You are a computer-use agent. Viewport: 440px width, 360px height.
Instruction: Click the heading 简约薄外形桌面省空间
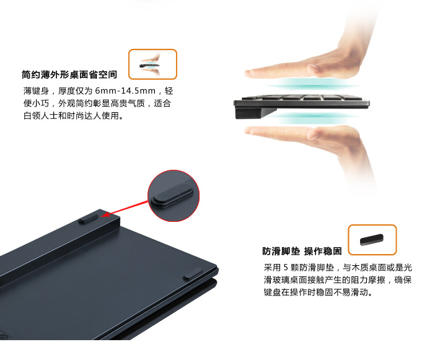pos(69,74)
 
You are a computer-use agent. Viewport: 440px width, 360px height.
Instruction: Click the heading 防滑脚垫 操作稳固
pos(302,251)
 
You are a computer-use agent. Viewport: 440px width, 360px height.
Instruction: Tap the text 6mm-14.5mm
pos(125,90)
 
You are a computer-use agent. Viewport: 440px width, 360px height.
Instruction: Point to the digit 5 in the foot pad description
pos(286,268)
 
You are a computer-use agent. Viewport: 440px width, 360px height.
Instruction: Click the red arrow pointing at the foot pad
pos(125,208)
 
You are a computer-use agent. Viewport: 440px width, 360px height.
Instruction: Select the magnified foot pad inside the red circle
pos(172,195)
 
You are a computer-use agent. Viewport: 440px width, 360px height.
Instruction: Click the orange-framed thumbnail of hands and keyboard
pos(152,64)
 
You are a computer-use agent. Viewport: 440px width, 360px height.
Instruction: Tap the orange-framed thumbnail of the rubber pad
pos(372,240)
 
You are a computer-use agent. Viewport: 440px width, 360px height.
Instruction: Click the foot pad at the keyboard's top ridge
pos(88,219)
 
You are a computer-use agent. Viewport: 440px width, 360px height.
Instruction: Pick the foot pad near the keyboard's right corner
pos(193,273)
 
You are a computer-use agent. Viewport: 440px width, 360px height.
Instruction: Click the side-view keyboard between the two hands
pos(301,102)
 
